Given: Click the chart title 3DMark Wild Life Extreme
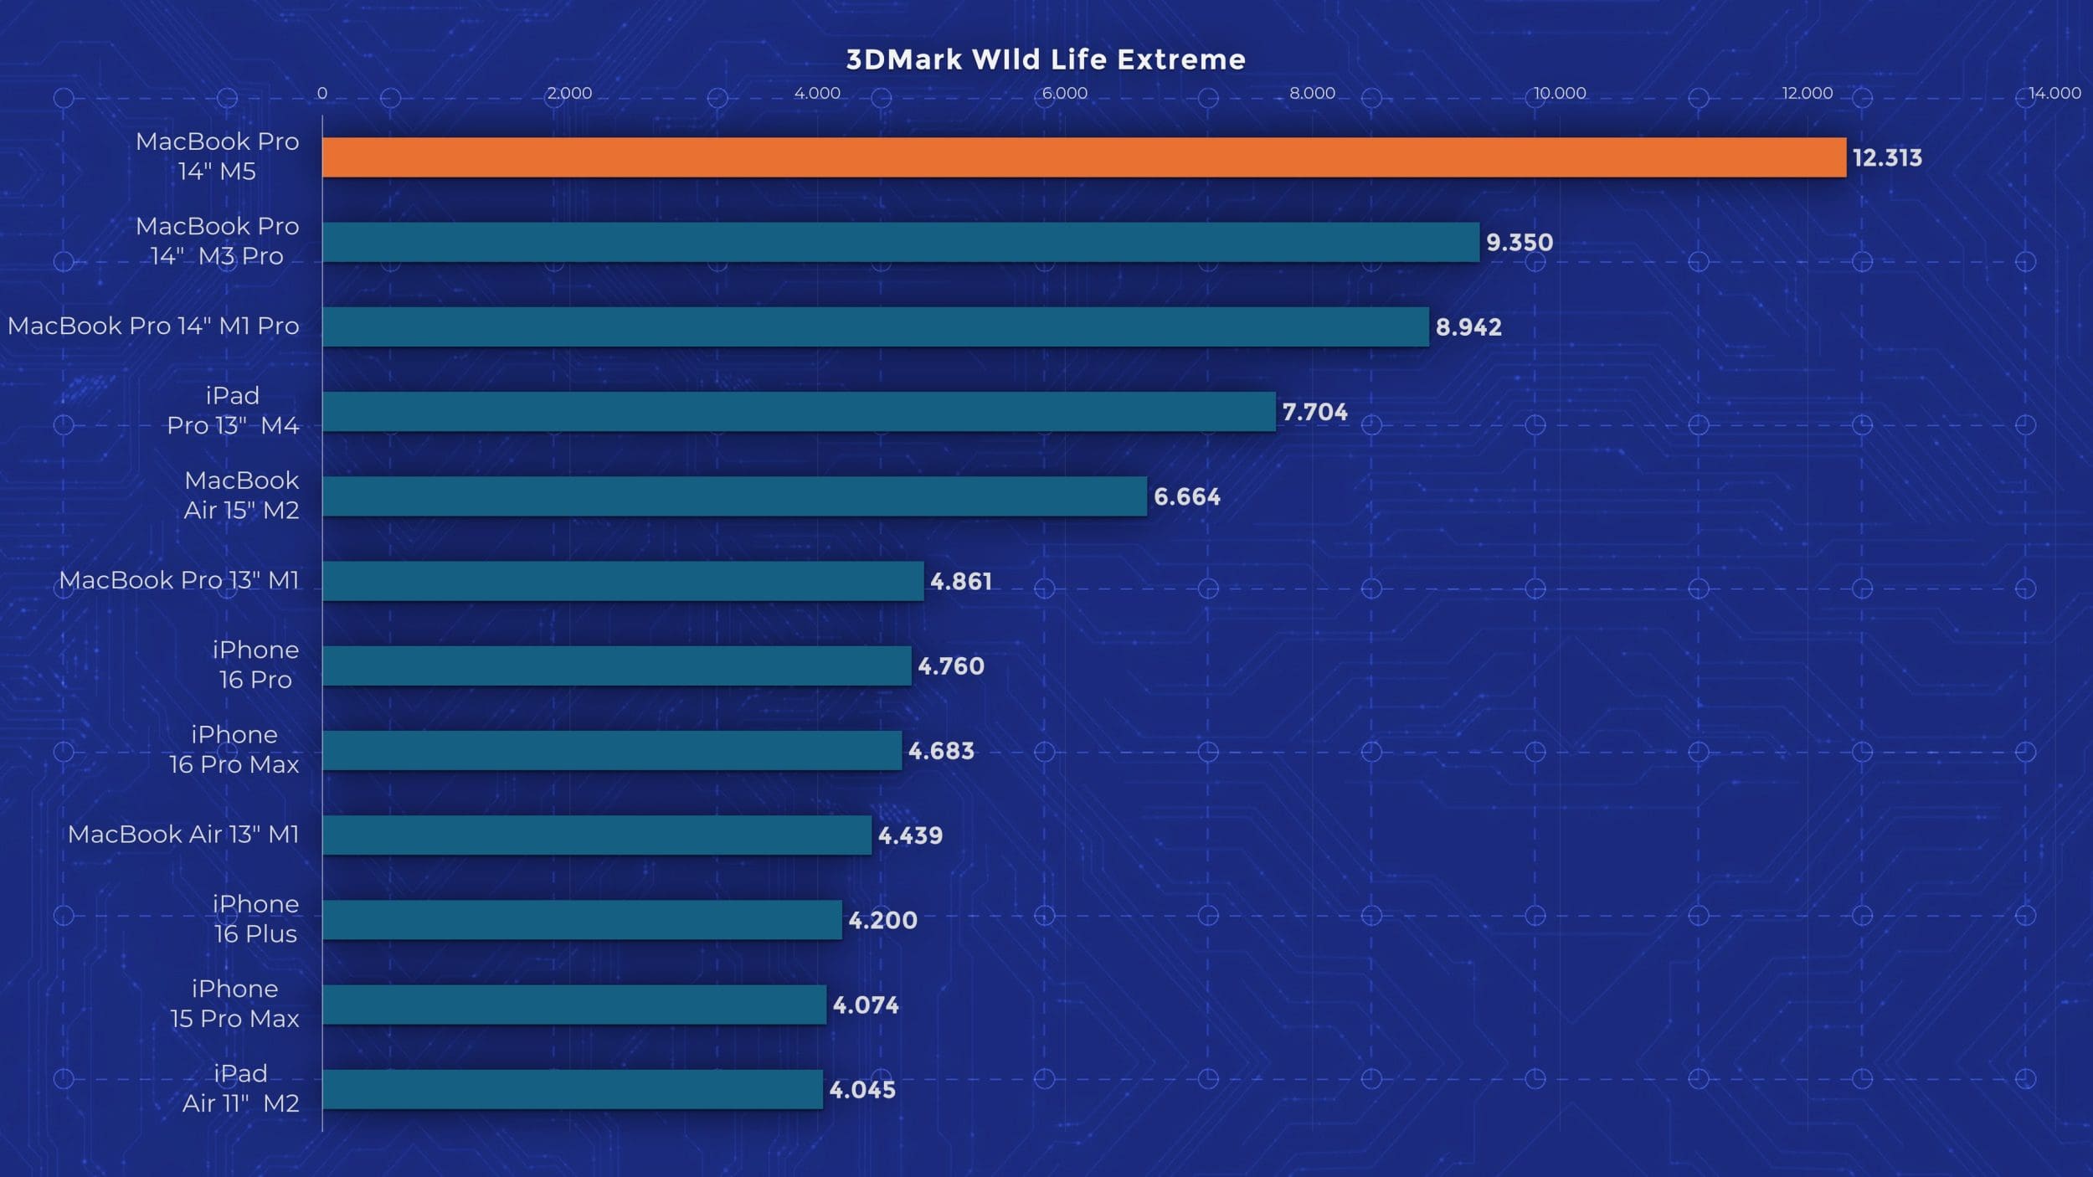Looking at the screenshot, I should click(1046, 59).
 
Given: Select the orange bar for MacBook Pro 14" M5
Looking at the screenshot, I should click(1083, 157).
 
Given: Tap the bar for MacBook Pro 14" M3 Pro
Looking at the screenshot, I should click(901, 242).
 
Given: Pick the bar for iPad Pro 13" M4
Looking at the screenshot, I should click(799, 411).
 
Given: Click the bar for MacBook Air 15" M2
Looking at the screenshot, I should click(734, 496).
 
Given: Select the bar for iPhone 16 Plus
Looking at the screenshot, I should click(582, 919).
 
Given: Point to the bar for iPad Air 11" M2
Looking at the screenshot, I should click(572, 1089).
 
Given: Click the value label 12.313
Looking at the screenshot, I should click(1887, 157).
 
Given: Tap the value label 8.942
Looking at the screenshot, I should click(1468, 326).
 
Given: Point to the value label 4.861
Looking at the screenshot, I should click(961, 581).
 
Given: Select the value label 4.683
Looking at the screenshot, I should click(941, 750).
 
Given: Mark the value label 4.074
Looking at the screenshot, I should click(866, 1005).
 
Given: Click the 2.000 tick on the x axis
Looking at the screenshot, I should click(569, 93).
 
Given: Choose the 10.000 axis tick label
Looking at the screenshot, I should click(1560, 93).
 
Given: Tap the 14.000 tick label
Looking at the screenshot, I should click(2054, 93).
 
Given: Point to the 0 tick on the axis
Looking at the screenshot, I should click(322, 93).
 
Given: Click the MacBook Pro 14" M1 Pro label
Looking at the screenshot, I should click(153, 326).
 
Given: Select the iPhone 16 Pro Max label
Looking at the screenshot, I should click(234, 749).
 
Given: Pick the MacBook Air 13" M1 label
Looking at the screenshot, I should click(183, 834).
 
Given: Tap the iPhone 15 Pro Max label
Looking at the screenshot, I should click(234, 1003).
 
